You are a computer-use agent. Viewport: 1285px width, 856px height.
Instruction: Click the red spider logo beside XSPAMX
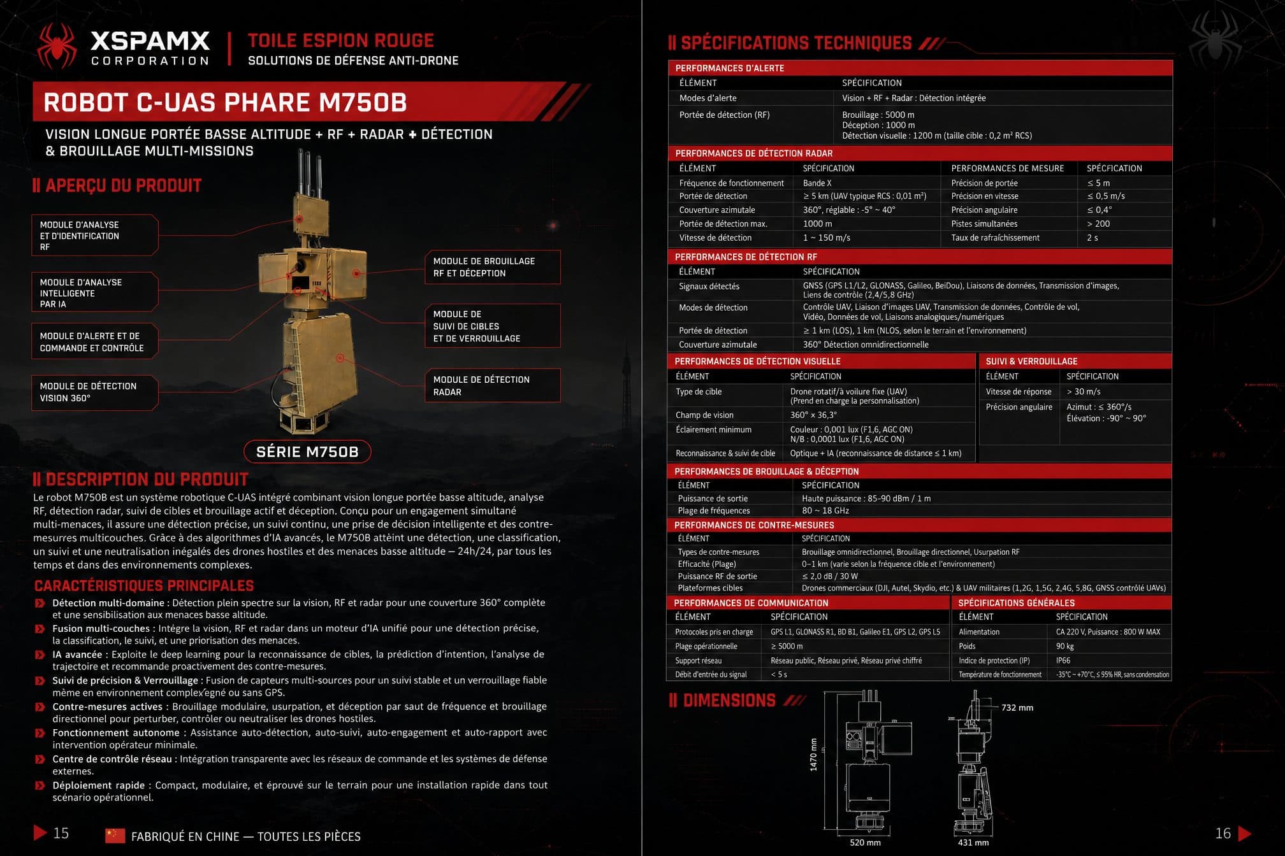(57, 46)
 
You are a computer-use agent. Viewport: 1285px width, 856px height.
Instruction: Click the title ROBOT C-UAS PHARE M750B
(225, 103)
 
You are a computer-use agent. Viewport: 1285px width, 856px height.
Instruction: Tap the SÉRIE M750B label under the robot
(307, 452)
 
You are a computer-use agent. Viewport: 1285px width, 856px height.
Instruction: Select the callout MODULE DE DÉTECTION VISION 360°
(94, 392)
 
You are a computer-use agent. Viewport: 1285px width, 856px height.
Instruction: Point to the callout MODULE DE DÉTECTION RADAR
(493, 385)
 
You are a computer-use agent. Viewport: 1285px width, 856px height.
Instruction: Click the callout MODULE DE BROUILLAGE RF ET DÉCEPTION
(493, 267)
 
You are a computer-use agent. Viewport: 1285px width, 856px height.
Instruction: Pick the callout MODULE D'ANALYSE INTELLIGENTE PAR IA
(94, 292)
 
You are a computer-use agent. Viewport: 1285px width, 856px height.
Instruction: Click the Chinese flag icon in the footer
(115, 836)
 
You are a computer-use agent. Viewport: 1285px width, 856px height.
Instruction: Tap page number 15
(61, 833)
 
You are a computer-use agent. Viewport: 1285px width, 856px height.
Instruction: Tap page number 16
(1223, 833)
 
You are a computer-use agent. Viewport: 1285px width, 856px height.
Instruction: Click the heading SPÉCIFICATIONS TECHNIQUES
(796, 43)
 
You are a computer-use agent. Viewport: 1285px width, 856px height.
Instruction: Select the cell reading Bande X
(817, 183)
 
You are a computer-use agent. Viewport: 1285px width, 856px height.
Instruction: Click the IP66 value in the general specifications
(1063, 660)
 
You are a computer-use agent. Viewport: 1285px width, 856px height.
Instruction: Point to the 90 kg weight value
(1064, 646)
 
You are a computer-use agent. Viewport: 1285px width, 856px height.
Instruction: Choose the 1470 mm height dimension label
(813, 755)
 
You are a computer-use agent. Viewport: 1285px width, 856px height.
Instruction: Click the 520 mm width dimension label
(865, 843)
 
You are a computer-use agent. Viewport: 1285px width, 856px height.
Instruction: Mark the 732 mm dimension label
(1017, 708)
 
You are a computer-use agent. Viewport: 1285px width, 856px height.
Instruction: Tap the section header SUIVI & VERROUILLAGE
(1031, 361)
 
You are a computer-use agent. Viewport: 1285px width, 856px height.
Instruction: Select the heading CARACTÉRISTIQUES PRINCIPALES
(144, 586)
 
